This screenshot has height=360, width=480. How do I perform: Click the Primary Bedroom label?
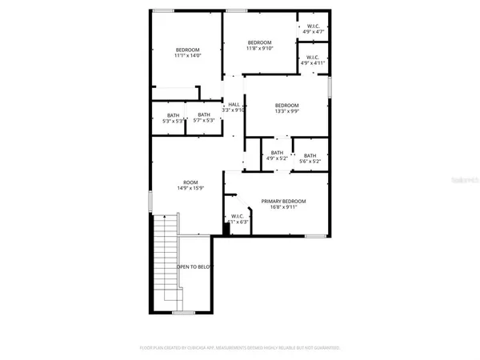coord(283,201)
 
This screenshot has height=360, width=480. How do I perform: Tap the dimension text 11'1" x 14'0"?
coord(186,56)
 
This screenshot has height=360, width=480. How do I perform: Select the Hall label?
coord(234,105)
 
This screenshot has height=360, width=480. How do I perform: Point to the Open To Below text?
coord(194,266)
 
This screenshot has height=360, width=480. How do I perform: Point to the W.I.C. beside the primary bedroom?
coord(238,219)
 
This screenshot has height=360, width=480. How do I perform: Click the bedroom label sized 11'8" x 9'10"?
coord(259,46)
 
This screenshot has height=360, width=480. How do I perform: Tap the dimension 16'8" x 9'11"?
coord(283,207)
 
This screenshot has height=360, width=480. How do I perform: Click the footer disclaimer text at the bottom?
coord(239,348)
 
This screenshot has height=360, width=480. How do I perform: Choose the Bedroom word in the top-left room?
coord(186,50)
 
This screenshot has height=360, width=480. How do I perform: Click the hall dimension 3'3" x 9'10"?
coord(234,110)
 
